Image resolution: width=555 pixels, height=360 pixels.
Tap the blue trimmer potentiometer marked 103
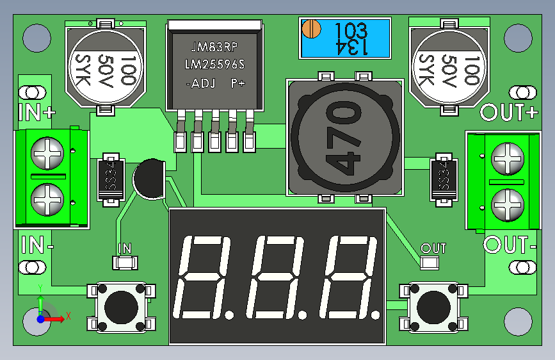[x=346, y=38]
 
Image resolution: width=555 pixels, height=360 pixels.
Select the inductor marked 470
[x=346, y=137]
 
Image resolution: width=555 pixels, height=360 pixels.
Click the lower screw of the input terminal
[x=49, y=199]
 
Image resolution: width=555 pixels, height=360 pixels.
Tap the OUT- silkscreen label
[x=510, y=245]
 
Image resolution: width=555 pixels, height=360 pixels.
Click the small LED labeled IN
[x=125, y=262]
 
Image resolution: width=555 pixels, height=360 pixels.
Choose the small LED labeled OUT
[x=430, y=262]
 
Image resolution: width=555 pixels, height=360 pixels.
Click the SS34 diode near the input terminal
[x=111, y=180]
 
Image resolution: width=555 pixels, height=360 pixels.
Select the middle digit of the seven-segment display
[x=278, y=277]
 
